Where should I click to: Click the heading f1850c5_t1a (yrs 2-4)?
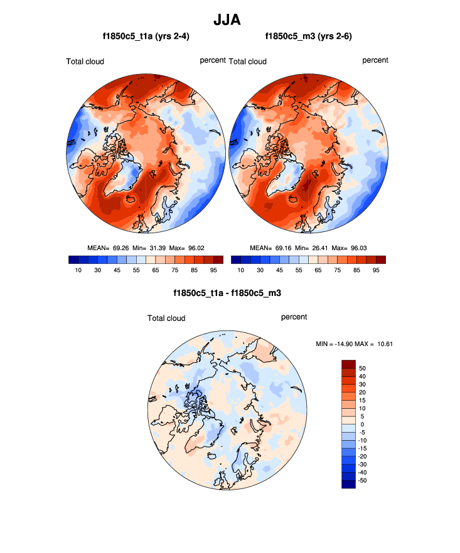(x=146, y=37)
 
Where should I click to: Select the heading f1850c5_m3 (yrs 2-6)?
(x=308, y=37)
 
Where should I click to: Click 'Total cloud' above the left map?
(x=85, y=61)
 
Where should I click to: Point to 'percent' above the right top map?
(x=375, y=60)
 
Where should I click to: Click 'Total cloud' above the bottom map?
(x=166, y=319)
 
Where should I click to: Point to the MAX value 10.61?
(x=383, y=343)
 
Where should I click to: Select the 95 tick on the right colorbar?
(x=376, y=270)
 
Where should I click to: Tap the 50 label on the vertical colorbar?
(x=361, y=368)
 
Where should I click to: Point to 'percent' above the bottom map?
(x=294, y=317)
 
